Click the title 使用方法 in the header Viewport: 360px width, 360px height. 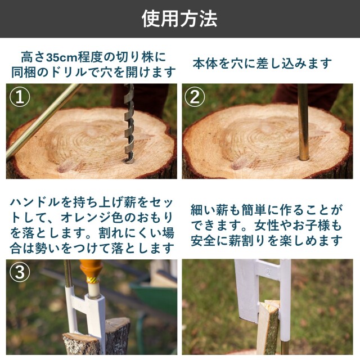point(179,19)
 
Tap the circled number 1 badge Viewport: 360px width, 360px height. point(20,97)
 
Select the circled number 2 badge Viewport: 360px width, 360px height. point(195,97)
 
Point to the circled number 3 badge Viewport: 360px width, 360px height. point(20,272)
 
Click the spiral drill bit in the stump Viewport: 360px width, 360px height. point(129,124)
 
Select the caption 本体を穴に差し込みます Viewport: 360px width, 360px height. point(262,64)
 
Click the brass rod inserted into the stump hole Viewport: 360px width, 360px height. point(303,122)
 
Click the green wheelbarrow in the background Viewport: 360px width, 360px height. point(154,299)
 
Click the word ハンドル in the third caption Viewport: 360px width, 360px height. point(35,202)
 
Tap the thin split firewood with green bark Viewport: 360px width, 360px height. point(269,328)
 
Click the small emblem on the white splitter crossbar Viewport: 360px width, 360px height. point(268,269)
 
